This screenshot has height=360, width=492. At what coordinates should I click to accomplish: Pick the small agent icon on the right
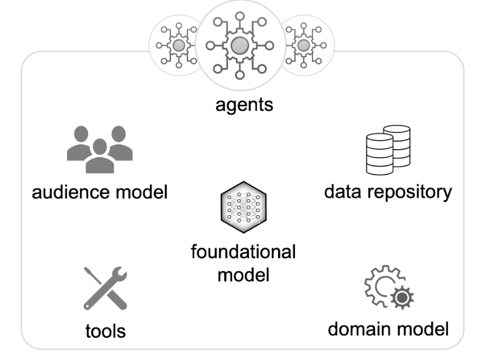304,45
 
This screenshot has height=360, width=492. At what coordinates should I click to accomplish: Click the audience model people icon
99,149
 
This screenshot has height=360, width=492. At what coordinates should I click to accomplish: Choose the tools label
105,330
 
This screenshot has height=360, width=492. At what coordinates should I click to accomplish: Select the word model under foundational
243,275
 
